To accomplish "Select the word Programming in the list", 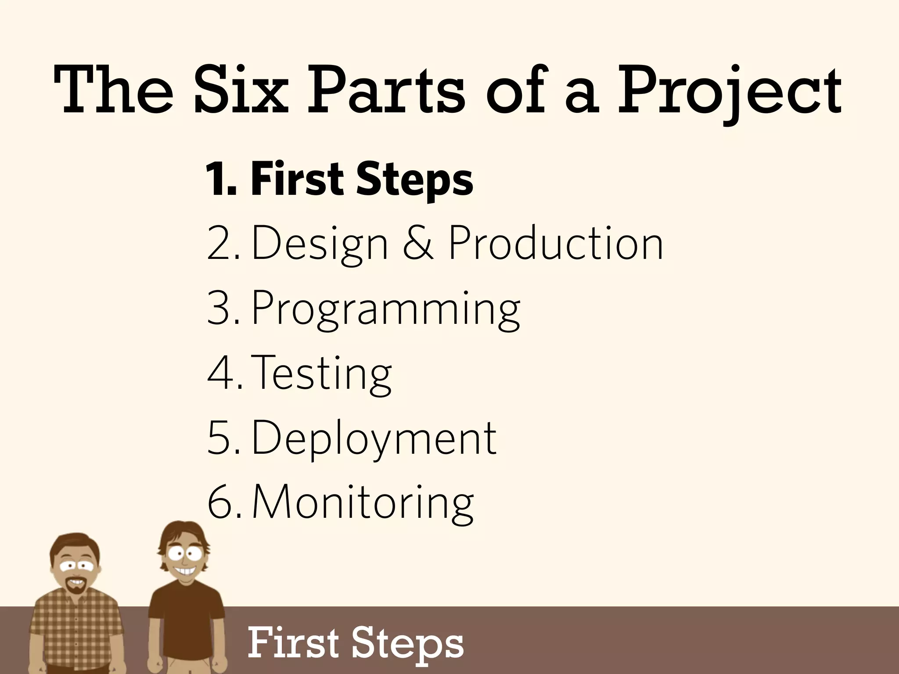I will coord(385,309).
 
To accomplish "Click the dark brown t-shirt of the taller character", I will coord(187,623).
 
